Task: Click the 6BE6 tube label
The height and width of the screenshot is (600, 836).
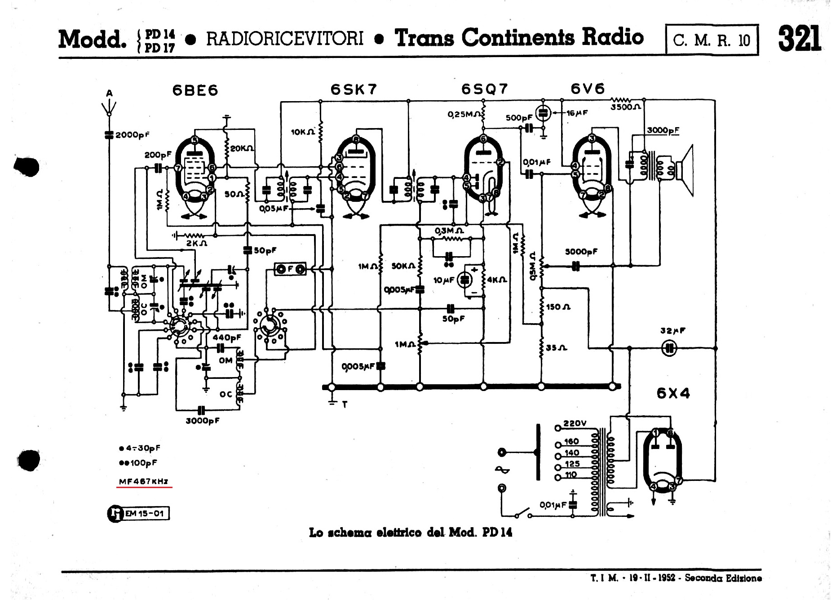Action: click(x=195, y=90)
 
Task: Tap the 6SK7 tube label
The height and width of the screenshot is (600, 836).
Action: click(x=354, y=89)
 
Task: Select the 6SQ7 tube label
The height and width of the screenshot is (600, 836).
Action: click(x=484, y=89)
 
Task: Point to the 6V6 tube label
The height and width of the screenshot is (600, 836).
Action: click(x=588, y=89)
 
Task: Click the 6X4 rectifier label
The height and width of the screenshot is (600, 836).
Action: click(x=673, y=393)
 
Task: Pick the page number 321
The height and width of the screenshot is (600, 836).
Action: click(x=799, y=39)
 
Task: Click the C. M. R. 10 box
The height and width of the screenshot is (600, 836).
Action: click(x=712, y=40)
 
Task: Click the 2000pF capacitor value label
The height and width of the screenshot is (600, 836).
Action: click(x=132, y=135)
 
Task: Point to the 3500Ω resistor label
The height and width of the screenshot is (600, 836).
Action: click(x=626, y=107)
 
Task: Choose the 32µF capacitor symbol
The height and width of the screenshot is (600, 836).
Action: click(x=669, y=348)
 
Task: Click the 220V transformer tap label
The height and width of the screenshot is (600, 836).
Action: click(x=575, y=423)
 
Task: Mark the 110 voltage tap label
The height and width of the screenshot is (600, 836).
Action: click(x=571, y=475)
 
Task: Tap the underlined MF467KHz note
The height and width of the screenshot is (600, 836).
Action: click(x=144, y=481)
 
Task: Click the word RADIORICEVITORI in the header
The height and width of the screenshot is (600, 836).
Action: click(x=284, y=39)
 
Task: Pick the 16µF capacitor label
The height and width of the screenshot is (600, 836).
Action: click(x=576, y=113)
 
